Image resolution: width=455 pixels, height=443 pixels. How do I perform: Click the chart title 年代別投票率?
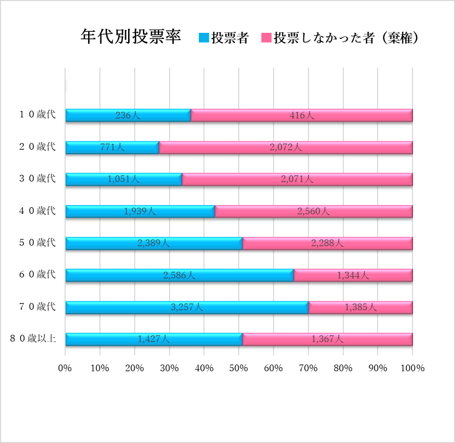pos(131,36)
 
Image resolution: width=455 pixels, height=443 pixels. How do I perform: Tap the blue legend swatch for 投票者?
pos(203,37)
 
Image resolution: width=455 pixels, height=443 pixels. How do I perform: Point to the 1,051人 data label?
pos(123,179)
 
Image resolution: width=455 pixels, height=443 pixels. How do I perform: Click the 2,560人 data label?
pos(313,211)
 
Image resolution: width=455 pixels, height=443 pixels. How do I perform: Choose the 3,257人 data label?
pos(187,307)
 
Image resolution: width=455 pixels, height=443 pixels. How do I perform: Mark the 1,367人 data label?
pos(327,339)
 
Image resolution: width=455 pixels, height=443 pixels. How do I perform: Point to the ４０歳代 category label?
pos(37,211)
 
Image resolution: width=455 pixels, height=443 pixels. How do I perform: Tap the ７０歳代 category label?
pos(37,307)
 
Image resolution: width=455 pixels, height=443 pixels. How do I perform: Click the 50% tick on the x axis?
pos(239,368)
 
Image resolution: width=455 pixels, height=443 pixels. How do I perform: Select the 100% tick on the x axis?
pos(412,368)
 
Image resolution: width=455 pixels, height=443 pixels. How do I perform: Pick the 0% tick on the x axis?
pos(65,368)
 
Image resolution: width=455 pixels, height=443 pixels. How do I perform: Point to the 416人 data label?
pos(301,115)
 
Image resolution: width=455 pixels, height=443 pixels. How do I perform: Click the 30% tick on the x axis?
pos(170,368)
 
